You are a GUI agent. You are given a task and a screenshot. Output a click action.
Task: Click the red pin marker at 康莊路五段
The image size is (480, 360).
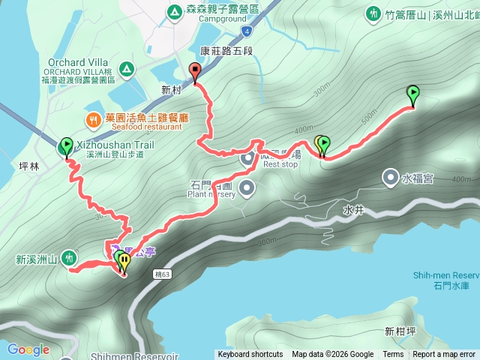pyautogui.click(x=196, y=72)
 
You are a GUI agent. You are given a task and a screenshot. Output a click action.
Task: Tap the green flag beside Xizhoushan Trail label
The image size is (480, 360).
pyautogui.click(x=65, y=145)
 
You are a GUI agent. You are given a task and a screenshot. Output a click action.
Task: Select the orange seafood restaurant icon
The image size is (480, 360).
pyautogui.click(x=92, y=119)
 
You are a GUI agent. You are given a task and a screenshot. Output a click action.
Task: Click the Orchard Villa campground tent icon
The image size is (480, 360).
pyautogui.click(x=127, y=70)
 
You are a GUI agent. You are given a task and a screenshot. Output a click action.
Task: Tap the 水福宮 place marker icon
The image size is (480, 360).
pyautogui.click(x=391, y=178)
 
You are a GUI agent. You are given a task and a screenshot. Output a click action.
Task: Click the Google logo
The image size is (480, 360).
pyautogui.click(x=28, y=349)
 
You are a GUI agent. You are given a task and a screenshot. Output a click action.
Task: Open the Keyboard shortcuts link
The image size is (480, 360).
pyautogui.click(x=250, y=355)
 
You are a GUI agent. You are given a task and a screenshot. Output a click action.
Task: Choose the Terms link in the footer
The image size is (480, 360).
pyautogui.click(x=393, y=355)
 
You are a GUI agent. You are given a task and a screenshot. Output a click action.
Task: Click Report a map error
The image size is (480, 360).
pyautogui.click(x=444, y=355)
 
